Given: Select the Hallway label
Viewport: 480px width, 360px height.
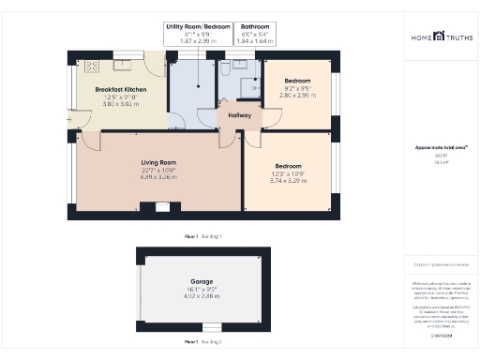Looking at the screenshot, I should click(x=239, y=114).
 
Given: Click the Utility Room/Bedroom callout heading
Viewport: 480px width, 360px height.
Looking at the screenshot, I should click(x=197, y=26).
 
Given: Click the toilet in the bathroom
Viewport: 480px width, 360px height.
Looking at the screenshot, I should click(x=227, y=68).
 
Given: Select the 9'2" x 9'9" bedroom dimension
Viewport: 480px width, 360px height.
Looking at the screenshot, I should click(x=297, y=88).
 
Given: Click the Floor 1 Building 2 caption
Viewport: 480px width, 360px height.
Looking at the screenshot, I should click(x=202, y=342).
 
